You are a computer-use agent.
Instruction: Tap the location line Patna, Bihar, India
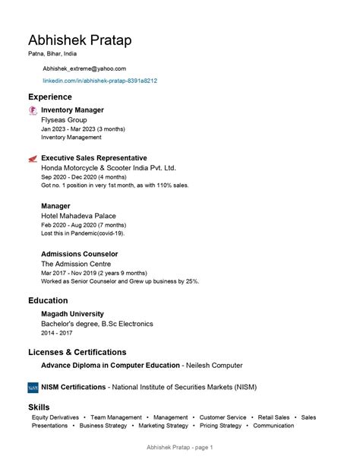pos(53,55)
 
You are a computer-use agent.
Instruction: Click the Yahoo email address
pos(84,68)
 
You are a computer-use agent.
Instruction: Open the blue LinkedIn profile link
pos(99,81)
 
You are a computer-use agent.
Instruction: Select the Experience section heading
pos(50,97)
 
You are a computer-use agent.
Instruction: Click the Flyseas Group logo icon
pos(32,111)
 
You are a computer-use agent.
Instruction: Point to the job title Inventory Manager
pos(72,110)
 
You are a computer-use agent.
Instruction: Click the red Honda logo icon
pos(32,159)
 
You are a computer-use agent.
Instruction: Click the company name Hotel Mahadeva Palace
pos(78,216)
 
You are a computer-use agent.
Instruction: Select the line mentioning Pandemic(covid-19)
pos(83,233)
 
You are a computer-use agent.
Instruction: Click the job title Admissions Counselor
pos(79,254)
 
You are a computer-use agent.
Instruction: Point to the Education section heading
pos(48,300)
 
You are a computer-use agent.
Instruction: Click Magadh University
pos(72,314)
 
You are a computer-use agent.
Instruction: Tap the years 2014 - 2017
pos(56,333)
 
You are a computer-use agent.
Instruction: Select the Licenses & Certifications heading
pos(77,352)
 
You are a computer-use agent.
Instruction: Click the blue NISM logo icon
pos(33,388)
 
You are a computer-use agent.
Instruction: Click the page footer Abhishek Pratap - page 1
pos(180,447)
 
